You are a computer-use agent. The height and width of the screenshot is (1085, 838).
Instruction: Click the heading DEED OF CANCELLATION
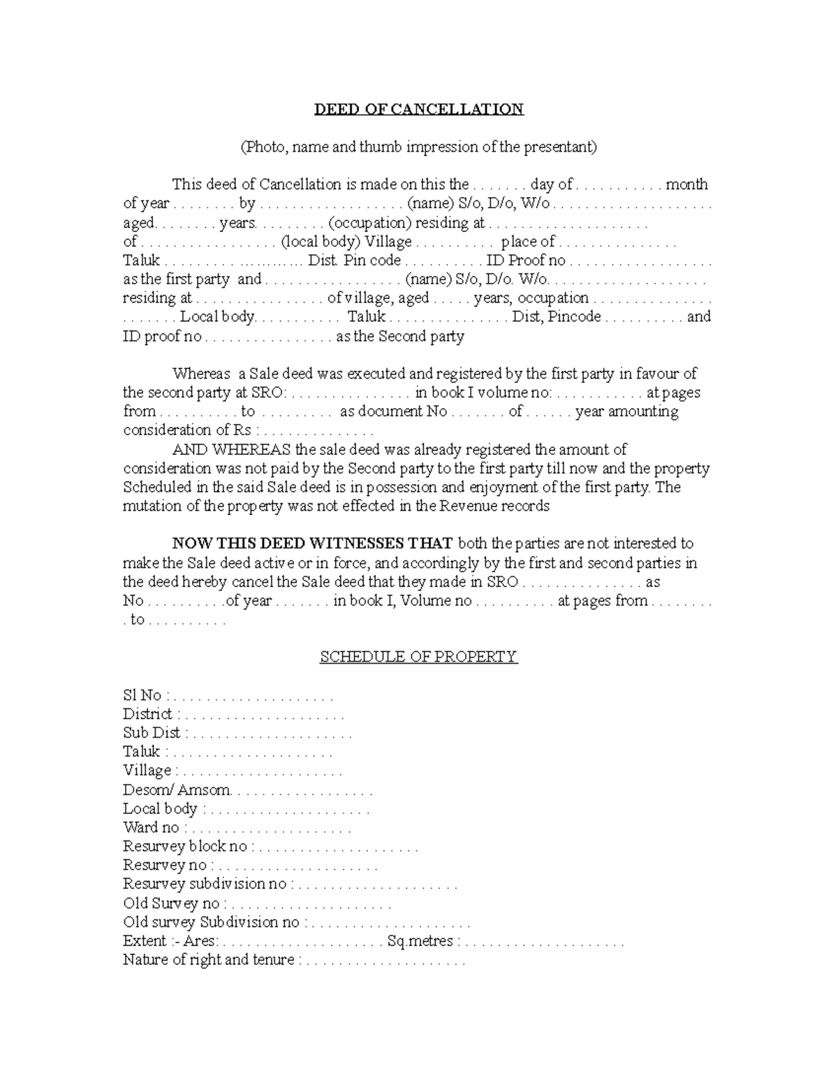click(418, 110)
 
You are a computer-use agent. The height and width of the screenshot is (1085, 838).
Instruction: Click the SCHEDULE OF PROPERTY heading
click(418, 657)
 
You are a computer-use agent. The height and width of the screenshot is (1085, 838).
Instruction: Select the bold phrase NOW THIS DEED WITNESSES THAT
click(313, 544)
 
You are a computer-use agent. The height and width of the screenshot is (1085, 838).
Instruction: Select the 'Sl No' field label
click(142, 696)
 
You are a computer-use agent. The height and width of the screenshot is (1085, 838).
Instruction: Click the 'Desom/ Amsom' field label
click(176, 790)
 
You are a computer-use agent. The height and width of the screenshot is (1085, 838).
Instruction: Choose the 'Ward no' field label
click(151, 828)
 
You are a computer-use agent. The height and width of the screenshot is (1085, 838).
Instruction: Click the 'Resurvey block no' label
click(185, 847)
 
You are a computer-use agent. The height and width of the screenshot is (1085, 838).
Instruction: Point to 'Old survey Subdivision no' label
click(211, 922)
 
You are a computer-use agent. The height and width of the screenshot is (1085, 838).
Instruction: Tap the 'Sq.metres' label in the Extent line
click(420, 941)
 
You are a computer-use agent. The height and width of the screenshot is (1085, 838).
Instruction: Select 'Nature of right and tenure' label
click(208, 960)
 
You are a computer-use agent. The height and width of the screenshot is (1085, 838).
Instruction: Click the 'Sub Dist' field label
click(152, 734)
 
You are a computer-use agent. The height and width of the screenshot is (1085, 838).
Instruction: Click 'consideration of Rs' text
click(187, 430)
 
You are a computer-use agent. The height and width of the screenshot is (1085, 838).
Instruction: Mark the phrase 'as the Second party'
click(400, 337)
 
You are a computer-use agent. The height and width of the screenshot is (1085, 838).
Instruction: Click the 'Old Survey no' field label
click(171, 903)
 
